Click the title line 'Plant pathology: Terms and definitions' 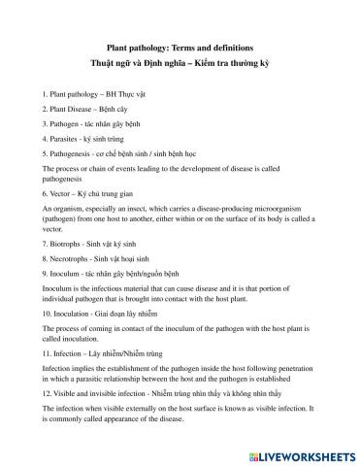(x=180, y=45)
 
